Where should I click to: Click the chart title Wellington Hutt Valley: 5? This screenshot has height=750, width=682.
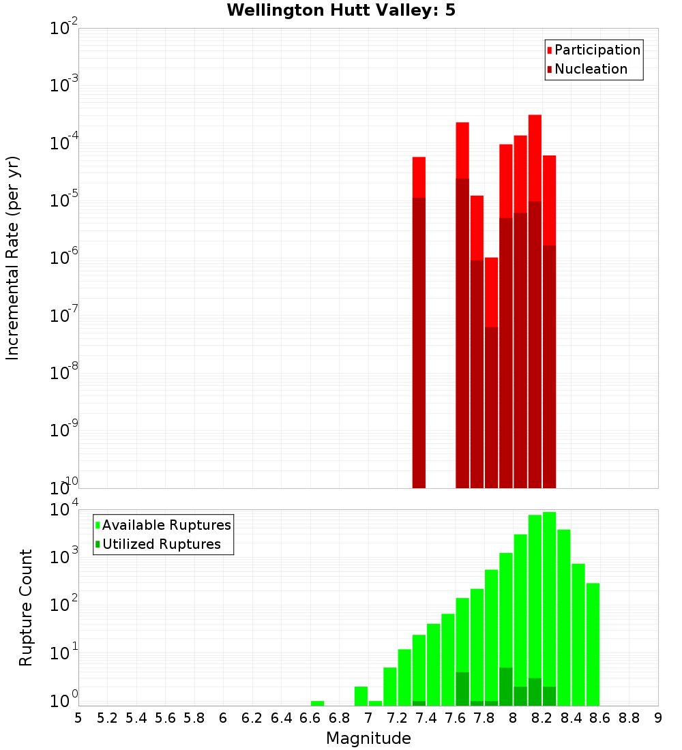(341, 10)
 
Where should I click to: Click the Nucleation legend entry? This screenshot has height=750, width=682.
(590, 69)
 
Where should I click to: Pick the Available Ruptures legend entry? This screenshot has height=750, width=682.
(166, 525)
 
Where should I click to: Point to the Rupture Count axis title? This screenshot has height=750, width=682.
(26, 607)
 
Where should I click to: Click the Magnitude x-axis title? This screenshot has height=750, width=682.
(368, 738)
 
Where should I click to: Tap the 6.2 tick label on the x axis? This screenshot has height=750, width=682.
(252, 718)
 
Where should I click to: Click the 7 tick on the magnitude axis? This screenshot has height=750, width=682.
(368, 718)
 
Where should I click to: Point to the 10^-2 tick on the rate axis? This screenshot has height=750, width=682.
(63, 29)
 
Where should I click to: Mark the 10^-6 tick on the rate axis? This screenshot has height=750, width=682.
(63, 258)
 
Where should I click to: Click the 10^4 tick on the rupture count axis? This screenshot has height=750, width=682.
(63, 510)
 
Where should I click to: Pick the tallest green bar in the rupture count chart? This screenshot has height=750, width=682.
(549, 607)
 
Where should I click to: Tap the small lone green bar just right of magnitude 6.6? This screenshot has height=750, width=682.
(317, 703)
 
